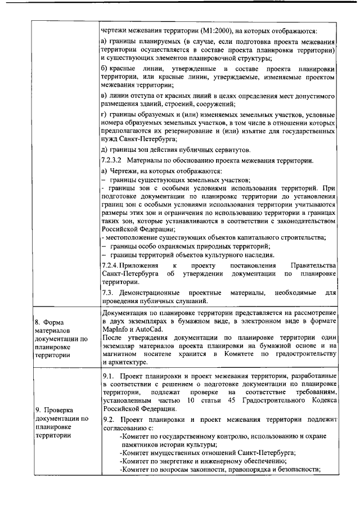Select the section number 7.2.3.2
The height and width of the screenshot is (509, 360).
tap(112, 160)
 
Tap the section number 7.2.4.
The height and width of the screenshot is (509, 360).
tap(110, 264)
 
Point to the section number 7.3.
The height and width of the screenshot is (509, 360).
tap(107, 292)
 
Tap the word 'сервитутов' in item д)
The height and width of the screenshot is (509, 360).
tap(232, 149)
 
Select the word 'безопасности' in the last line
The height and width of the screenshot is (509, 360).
tap(298, 469)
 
